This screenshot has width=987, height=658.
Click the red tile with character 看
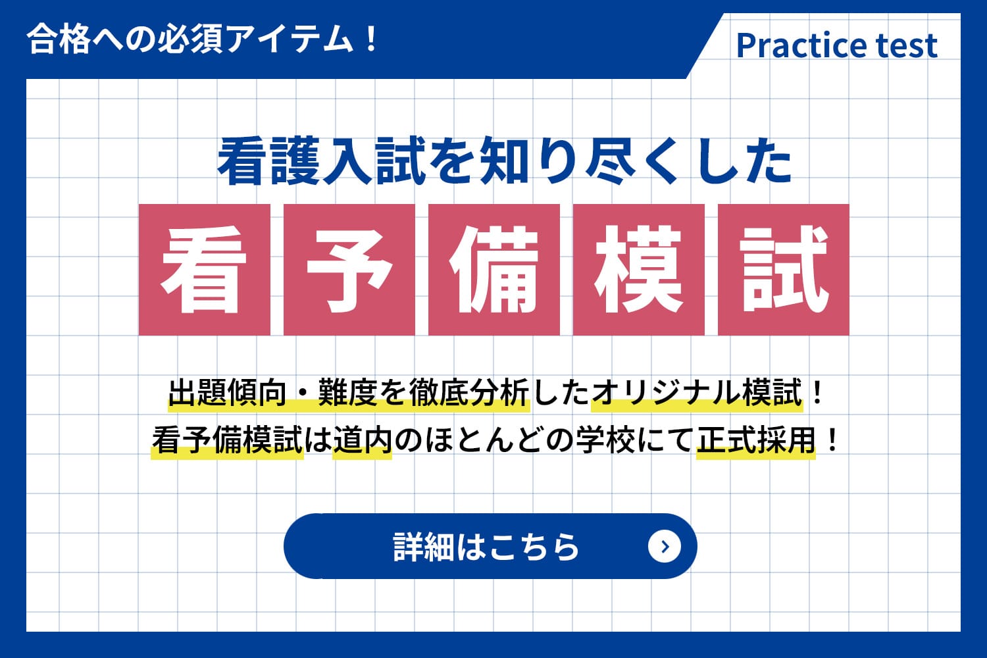[205, 270]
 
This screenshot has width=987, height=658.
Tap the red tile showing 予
[349, 270]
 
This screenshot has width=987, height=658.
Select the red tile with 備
[494, 270]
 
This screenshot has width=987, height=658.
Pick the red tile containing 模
[639, 270]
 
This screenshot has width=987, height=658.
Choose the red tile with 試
[784, 270]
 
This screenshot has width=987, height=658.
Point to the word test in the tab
[907, 46]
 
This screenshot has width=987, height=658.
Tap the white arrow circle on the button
[665, 547]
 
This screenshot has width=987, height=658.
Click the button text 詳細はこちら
[486, 547]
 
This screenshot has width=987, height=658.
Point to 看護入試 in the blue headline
[322, 161]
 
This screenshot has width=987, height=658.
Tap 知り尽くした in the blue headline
[636, 161]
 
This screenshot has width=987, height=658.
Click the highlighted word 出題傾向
[228, 392]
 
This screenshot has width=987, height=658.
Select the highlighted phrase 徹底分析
[469, 392]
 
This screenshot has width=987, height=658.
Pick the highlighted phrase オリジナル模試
[697, 392]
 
